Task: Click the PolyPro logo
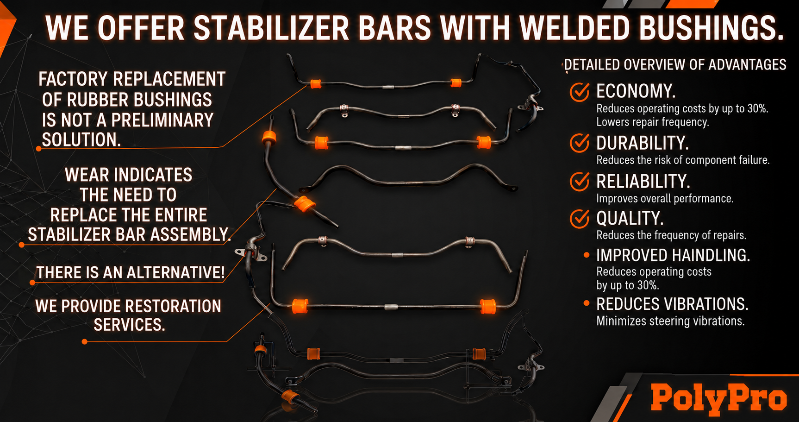pyautogui.click(x=718, y=398)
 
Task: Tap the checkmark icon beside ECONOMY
pyautogui.click(x=580, y=92)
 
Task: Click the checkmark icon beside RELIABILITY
pyautogui.click(x=580, y=181)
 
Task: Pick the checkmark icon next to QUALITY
pyautogui.click(x=580, y=219)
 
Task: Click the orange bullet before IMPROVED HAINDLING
pyautogui.click(x=587, y=255)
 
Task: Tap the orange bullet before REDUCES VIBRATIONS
pyautogui.click(x=587, y=303)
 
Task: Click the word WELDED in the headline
pyautogui.click(x=574, y=28)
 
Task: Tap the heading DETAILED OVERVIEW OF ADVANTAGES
pyautogui.click(x=675, y=65)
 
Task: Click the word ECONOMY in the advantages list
pyautogui.click(x=636, y=91)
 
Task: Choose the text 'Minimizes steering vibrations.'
pyautogui.click(x=670, y=321)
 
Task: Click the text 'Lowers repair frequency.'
pyautogui.click(x=653, y=122)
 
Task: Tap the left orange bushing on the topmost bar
pyautogui.click(x=316, y=83)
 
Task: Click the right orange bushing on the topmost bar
pyautogui.click(x=456, y=82)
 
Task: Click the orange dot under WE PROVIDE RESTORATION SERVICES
pyautogui.click(x=84, y=342)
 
